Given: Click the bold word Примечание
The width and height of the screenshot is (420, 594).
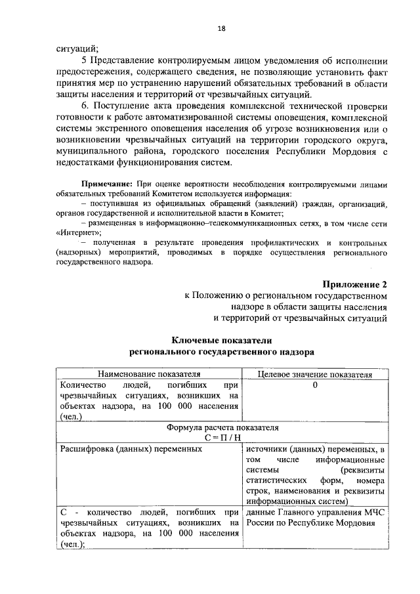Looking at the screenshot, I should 108,182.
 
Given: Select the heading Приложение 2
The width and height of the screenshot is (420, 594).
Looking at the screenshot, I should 355,284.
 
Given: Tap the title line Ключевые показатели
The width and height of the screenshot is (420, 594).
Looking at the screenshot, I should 221,340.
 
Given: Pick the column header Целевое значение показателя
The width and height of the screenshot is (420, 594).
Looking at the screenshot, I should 315,374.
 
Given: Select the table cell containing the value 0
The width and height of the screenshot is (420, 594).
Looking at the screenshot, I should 315,385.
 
